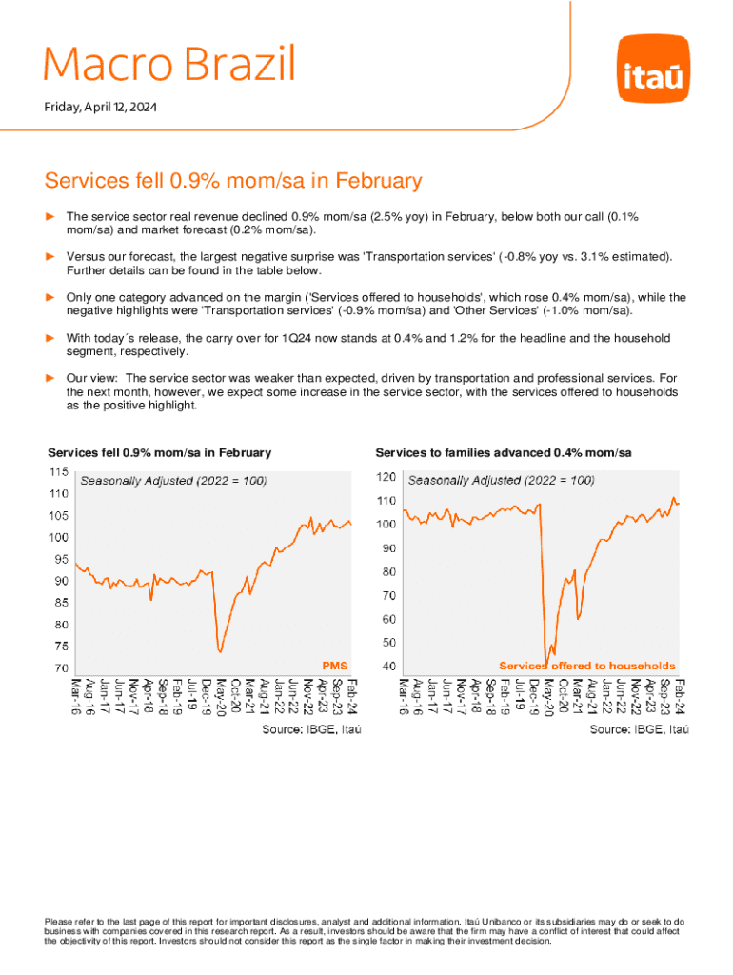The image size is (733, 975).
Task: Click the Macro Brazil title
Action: (169, 64)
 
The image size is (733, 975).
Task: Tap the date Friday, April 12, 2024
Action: (101, 108)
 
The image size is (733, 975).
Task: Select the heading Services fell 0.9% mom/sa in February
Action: (233, 181)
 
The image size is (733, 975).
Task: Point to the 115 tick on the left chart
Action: (58, 472)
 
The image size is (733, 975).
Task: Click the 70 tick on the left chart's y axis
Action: (58, 668)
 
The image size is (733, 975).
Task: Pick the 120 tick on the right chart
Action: (387, 476)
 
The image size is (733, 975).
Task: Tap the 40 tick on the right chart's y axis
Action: (389, 667)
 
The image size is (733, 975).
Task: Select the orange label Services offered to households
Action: (587, 666)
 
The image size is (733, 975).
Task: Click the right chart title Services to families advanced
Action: (504, 452)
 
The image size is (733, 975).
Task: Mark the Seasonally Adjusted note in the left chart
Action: (173, 482)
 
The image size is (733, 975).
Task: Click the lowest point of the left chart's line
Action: (220, 651)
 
